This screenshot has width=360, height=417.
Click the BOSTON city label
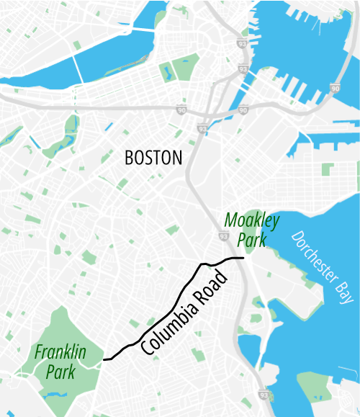[x=153, y=158]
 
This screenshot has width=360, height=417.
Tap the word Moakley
[x=252, y=220]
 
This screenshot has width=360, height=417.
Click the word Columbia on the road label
[x=171, y=326]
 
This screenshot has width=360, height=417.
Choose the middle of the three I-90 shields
[x=243, y=109]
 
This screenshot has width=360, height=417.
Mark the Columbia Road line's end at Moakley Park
[x=244, y=257]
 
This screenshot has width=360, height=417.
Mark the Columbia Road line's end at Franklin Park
[x=104, y=359]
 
